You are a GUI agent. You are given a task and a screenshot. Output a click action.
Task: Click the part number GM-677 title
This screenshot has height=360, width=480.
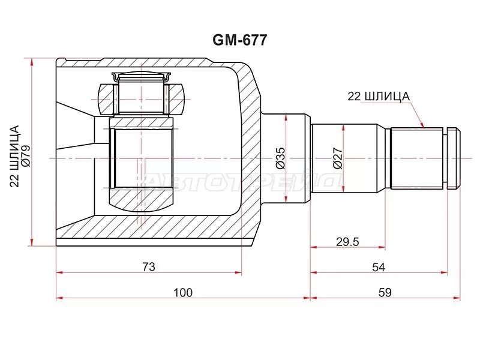[240, 40]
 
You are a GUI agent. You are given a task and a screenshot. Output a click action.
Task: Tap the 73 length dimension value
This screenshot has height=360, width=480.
[149, 266]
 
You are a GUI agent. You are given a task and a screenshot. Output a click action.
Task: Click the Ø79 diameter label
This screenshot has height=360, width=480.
[25, 152]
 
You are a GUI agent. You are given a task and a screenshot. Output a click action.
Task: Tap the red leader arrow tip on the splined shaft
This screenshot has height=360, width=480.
[424, 127]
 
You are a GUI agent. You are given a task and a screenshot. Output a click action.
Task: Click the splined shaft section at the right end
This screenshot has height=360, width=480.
[418, 158]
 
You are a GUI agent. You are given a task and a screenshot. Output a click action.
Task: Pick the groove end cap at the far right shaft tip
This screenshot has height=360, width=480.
[455, 158]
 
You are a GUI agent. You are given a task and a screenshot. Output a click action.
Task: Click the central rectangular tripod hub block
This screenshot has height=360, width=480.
[142, 157]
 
